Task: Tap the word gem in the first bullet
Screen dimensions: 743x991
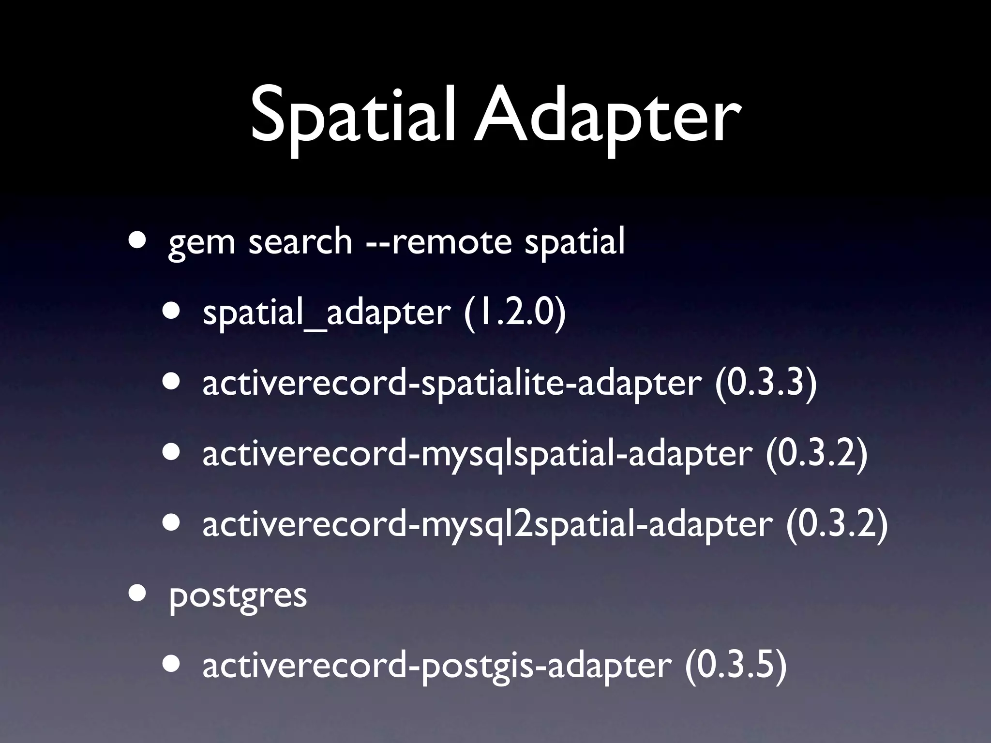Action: coord(201,242)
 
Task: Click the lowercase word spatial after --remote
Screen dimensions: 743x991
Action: coord(575,242)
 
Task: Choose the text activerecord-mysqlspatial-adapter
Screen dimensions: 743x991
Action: coord(477,455)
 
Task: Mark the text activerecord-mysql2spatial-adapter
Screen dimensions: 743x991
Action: coord(488,525)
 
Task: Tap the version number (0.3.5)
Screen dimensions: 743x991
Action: coord(736,666)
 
